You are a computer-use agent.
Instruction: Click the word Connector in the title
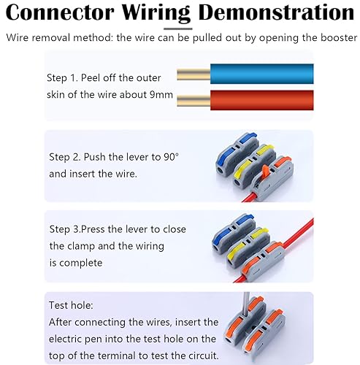pyautogui.click(x=60, y=12)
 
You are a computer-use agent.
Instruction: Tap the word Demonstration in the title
pyautogui.click(x=276, y=12)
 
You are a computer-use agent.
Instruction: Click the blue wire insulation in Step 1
pyautogui.click(x=262, y=74)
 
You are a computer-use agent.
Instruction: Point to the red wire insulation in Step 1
pyautogui.click(x=262, y=100)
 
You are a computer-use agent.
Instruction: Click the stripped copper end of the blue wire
pyautogui.click(x=194, y=74)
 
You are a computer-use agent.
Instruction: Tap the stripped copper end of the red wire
pyautogui.click(x=194, y=101)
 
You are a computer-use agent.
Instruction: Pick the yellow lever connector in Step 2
pyautogui.click(x=254, y=166)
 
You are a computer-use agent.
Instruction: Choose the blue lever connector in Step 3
pyautogui.click(x=234, y=234)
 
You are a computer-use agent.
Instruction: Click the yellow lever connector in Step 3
pyautogui.click(x=248, y=247)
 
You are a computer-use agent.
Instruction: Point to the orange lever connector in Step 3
pyautogui.click(x=263, y=261)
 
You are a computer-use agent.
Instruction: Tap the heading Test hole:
pyautogui.click(x=71, y=305)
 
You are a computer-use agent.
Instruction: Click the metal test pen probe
pyautogui.click(x=246, y=305)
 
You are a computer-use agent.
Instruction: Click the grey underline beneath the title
pyautogui.click(x=178, y=28)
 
